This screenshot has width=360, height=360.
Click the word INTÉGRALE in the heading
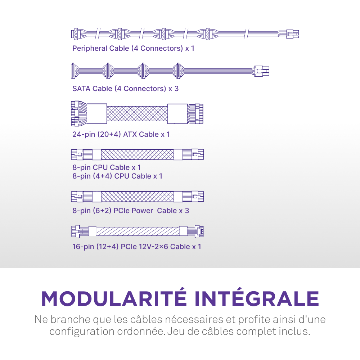[256, 298]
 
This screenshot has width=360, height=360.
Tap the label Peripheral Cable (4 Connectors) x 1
[133, 48]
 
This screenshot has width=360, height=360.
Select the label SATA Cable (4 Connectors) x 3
[125, 89]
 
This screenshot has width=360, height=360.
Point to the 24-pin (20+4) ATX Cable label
[121, 135]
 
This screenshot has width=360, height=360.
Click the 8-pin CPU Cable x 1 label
[107, 167]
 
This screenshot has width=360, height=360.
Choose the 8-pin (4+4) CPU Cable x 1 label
[117, 176]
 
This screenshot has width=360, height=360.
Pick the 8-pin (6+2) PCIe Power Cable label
[131, 211]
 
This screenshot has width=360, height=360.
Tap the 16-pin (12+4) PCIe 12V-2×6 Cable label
[137, 247]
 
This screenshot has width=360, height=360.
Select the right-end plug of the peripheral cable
[292, 34]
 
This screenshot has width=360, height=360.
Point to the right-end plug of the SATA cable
[262, 71]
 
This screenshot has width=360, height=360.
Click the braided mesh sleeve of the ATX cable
[137, 113]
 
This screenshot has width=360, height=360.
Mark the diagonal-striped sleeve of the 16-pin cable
[138, 231]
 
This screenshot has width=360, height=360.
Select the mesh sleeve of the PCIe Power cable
[138, 197]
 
